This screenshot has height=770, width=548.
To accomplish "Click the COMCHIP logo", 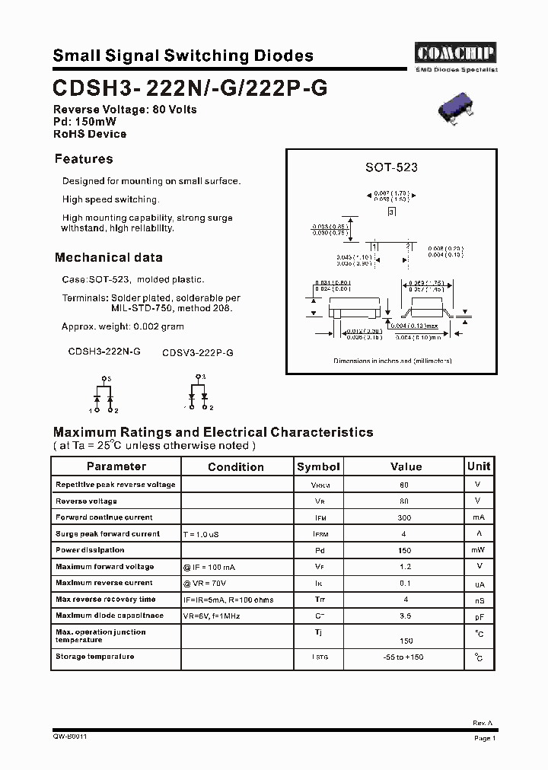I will point(455,52).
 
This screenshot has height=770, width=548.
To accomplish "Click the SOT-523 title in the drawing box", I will point(391,167).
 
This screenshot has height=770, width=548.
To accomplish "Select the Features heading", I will point(84,159).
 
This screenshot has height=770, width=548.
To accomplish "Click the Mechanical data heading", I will point(108,257).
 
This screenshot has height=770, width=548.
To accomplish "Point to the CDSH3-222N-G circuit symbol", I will point(103,396).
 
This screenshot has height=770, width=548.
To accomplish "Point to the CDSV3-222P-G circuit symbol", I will point(199,393).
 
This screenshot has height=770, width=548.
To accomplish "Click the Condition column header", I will point(236,467).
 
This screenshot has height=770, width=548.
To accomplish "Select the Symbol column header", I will point(318,467).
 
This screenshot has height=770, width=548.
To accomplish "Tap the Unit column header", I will point(479,466).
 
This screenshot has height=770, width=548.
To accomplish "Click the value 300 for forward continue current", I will point(404,517).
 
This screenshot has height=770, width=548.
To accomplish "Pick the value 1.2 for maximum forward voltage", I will point(404,567).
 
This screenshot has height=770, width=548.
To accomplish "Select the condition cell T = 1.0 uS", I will point(201,535).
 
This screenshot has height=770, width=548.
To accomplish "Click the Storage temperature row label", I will point(95,657).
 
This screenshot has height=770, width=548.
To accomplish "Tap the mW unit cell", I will point(477,550).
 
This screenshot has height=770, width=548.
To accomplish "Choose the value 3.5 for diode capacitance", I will point(404,616).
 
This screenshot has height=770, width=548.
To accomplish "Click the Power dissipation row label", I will point(90,550).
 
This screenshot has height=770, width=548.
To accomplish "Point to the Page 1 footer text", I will point(485,738).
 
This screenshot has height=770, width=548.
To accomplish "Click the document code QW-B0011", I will point(70,737).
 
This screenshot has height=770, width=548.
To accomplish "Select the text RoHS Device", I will point(90,134).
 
